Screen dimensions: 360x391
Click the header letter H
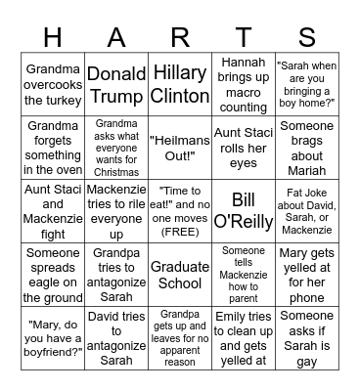coord(53,36)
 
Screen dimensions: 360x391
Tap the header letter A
coord(116,36)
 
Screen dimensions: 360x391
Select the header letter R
coord(180,36)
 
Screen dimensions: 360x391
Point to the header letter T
coord(244,36)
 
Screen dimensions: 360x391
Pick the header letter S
coord(307,36)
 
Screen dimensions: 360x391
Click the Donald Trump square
coord(116,84)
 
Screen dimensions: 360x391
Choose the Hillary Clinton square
coord(180,84)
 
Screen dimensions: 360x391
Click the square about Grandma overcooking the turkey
coord(53,84)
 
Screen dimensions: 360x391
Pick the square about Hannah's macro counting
coord(244,84)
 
